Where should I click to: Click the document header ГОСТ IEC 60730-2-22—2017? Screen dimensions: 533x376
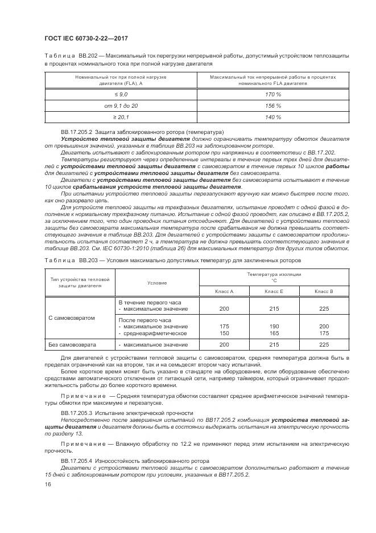pyautogui.click(x=86, y=38)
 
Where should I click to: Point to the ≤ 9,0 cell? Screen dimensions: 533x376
pyautogui.click(x=121, y=94)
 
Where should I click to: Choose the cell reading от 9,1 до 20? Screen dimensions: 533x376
pyautogui.click(x=121, y=106)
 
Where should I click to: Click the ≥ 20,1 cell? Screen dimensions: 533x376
pyautogui.click(x=121, y=117)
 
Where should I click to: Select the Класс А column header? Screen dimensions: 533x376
pyautogui.click(x=224, y=291)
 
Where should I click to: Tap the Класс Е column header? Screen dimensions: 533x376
pyautogui.click(x=274, y=291)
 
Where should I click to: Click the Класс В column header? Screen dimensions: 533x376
pyautogui.click(x=324, y=291)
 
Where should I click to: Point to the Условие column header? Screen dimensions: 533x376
pyautogui.click(x=157, y=283)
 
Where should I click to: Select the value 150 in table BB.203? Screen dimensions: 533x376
pyautogui.click(x=224, y=333)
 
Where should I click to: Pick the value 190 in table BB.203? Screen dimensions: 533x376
pyautogui.click(x=274, y=327)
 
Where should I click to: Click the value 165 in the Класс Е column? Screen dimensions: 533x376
pyautogui.click(x=274, y=333)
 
